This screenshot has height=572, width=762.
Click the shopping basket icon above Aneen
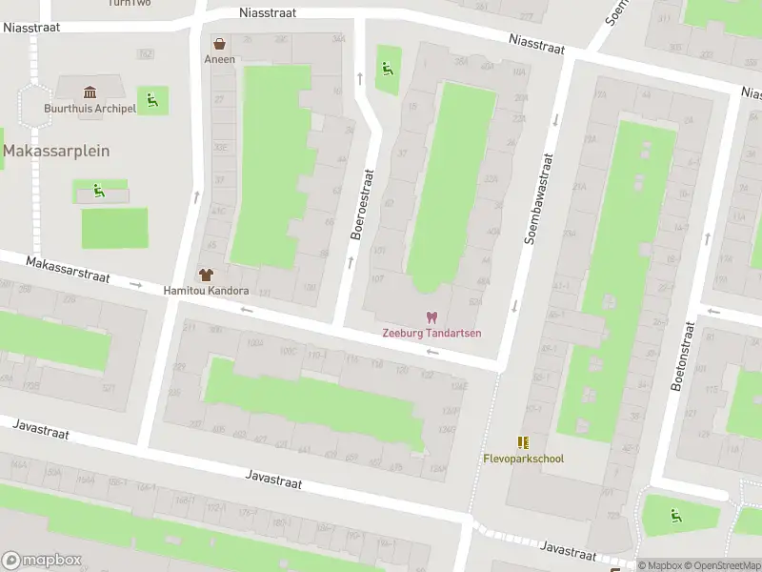pos(220,44)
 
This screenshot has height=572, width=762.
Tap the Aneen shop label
pos(220,59)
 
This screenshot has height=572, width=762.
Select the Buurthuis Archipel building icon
pos(90,92)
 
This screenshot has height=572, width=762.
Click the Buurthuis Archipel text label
pos(90,108)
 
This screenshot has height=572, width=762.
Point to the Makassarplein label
pos(56,151)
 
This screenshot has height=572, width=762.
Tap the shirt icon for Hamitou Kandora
pos(206,275)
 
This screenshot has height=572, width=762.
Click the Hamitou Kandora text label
pos(206,291)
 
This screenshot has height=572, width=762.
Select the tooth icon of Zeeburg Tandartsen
pos(431,317)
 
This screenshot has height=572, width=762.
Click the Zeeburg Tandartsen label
pos(431,333)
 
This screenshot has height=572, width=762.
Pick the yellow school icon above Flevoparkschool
pos(522,442)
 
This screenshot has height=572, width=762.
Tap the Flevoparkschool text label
pos(522,459)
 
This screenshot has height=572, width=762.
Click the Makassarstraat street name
pos(68,270)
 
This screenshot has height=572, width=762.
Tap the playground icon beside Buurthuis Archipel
pos(151,98)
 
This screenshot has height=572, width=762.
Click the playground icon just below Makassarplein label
pos(99,191)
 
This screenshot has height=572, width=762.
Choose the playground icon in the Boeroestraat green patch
pos(387,68)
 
